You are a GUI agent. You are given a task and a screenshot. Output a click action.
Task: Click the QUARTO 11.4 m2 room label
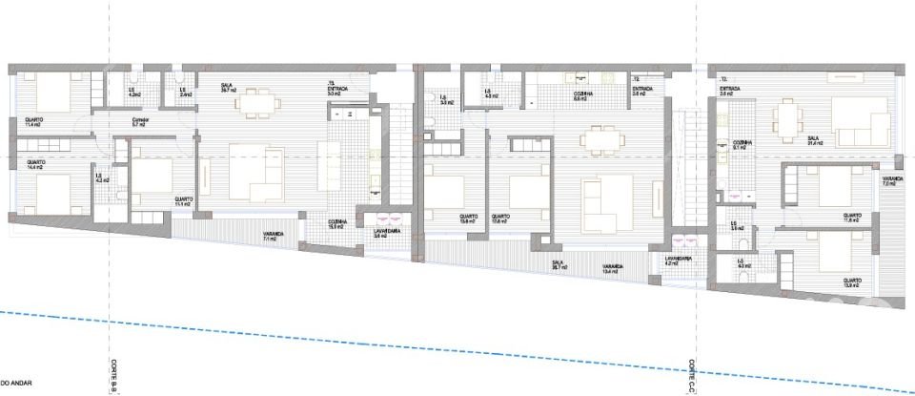click(x=32, y=121)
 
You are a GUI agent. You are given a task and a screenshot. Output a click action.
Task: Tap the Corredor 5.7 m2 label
click(x=136, y=122)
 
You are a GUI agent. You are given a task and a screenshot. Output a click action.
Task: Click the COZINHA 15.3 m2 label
click(x=337, y=224)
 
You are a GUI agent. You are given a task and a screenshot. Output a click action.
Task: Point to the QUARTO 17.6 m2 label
click(x=500, y=219)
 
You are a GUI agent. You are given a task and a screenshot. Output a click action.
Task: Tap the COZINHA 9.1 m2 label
click(x=742, y=145)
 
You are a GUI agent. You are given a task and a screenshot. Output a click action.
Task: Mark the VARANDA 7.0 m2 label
click(x=892, y=181)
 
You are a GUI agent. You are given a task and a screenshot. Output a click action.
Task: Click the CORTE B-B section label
click(x=112, y=377)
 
